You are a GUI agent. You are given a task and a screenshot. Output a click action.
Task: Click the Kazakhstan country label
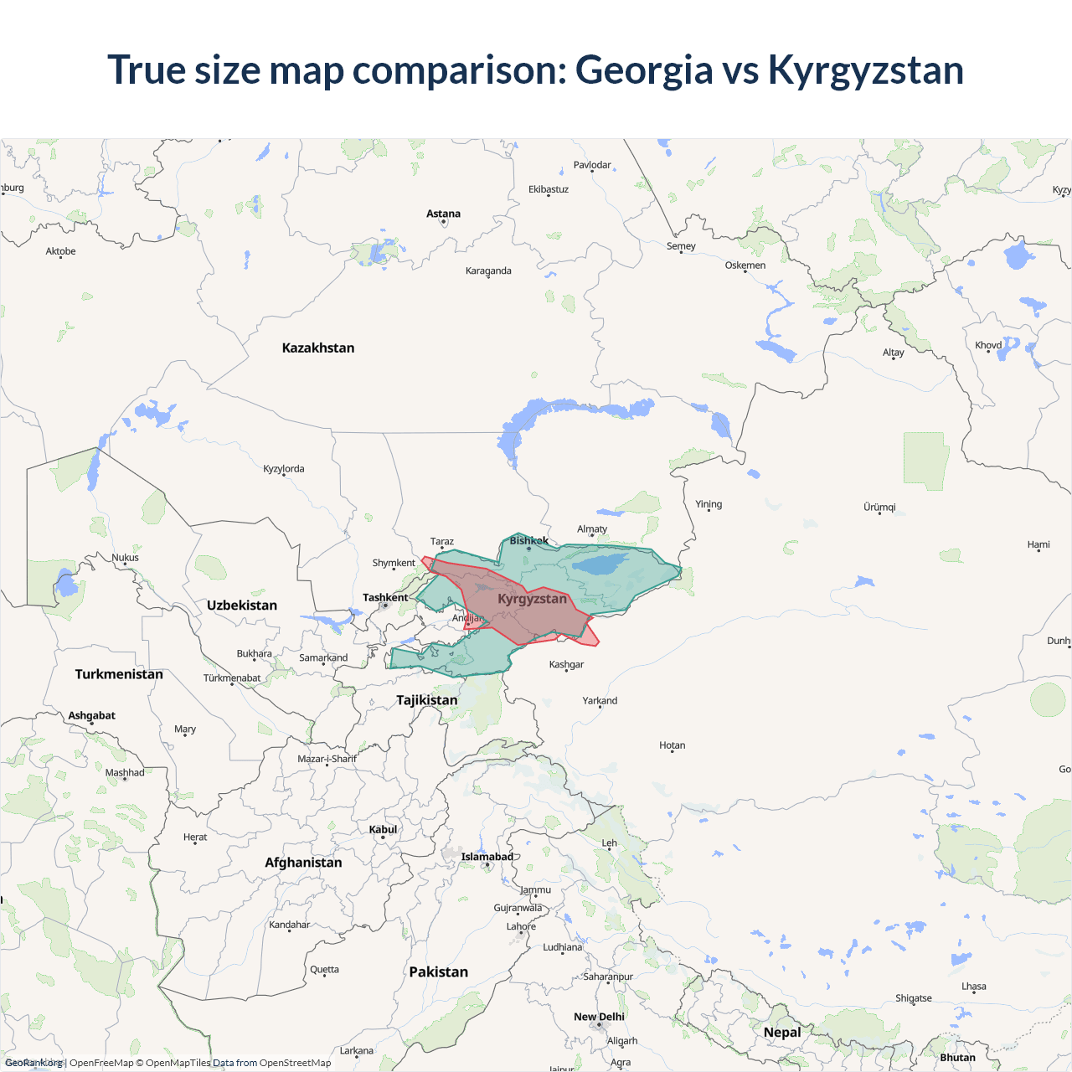318,348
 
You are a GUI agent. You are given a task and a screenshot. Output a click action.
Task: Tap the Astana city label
443,214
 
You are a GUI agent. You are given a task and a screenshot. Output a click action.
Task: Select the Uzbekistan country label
242,606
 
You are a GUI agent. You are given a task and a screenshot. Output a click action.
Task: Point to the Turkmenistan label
119,674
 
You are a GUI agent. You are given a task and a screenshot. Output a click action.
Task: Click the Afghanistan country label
303,863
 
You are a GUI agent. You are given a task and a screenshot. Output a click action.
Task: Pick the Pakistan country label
438,972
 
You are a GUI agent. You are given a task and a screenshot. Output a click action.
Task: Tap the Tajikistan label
427,700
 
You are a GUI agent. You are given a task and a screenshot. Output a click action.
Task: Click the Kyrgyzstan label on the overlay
532,599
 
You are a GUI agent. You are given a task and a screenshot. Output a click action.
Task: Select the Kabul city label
383,829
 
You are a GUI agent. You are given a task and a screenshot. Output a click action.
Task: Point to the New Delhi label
599,1017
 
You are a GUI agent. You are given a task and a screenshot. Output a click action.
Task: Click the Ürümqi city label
879,507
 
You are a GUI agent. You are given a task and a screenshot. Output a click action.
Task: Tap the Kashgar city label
566,664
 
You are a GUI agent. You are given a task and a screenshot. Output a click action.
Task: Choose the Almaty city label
592,528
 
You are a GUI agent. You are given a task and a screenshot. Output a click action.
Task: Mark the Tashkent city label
385,597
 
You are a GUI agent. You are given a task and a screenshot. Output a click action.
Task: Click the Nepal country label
782,1033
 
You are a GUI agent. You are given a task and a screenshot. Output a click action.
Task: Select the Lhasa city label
974,986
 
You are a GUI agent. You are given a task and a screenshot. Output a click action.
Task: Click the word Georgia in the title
643,70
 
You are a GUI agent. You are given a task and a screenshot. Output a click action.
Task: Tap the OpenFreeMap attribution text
101,1063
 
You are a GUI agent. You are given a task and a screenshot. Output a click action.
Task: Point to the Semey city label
681,245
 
